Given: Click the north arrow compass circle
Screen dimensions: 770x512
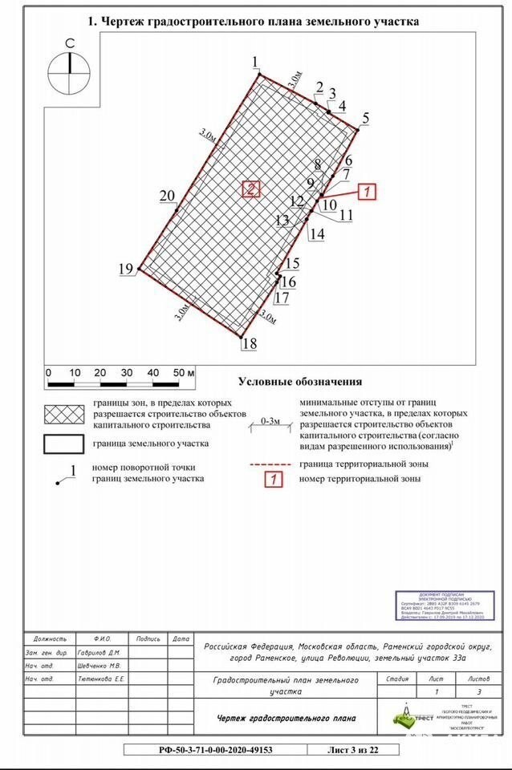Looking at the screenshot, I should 70,73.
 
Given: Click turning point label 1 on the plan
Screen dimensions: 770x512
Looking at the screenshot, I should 255,63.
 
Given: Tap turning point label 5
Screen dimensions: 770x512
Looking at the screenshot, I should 366,119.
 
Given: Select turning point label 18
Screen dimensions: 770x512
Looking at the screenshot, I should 250,344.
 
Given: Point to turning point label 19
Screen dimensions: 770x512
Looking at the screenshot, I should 126,269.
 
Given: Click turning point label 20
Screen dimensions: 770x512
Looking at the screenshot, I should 167,197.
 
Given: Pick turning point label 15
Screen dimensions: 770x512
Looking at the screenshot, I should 292,264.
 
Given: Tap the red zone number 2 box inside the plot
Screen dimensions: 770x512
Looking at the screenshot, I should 251,189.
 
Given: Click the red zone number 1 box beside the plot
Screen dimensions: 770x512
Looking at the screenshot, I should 365,192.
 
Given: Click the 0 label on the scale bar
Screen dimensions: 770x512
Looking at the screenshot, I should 48,373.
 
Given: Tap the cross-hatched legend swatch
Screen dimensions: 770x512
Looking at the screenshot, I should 65,413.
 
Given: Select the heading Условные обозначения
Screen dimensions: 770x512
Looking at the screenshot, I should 299,382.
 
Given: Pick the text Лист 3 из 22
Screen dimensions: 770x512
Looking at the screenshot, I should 354,750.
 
